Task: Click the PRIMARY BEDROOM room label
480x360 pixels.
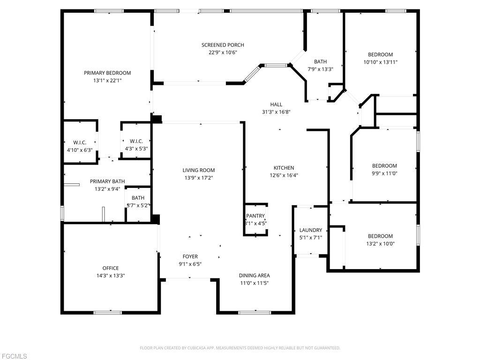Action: (107, 73)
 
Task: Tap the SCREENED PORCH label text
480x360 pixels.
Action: (223, 45)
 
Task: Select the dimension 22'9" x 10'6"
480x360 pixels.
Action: (223, 52)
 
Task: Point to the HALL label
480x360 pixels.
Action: (276, 105)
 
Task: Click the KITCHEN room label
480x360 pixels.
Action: (284, 168)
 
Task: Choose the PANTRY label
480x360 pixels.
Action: (255, 216)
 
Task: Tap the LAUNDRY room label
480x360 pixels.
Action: (311, 230)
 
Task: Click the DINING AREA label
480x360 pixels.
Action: (255, 276)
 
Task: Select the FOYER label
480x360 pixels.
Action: (190, 256)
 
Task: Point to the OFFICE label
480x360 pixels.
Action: (111, 268)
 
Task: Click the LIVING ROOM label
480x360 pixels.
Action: (199, 170)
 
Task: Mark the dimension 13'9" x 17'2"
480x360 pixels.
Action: (199, 178)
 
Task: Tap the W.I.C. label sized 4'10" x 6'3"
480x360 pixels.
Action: (80, 142)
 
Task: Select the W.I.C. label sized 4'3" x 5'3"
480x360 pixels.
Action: (136, 141)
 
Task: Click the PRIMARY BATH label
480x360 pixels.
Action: (107, 181)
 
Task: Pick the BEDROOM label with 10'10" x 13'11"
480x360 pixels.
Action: (380, 54)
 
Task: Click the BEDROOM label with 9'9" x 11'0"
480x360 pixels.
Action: (384, 165)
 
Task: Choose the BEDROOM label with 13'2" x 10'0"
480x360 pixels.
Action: (380, 236)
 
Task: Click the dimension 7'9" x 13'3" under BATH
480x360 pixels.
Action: (321, 69)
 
